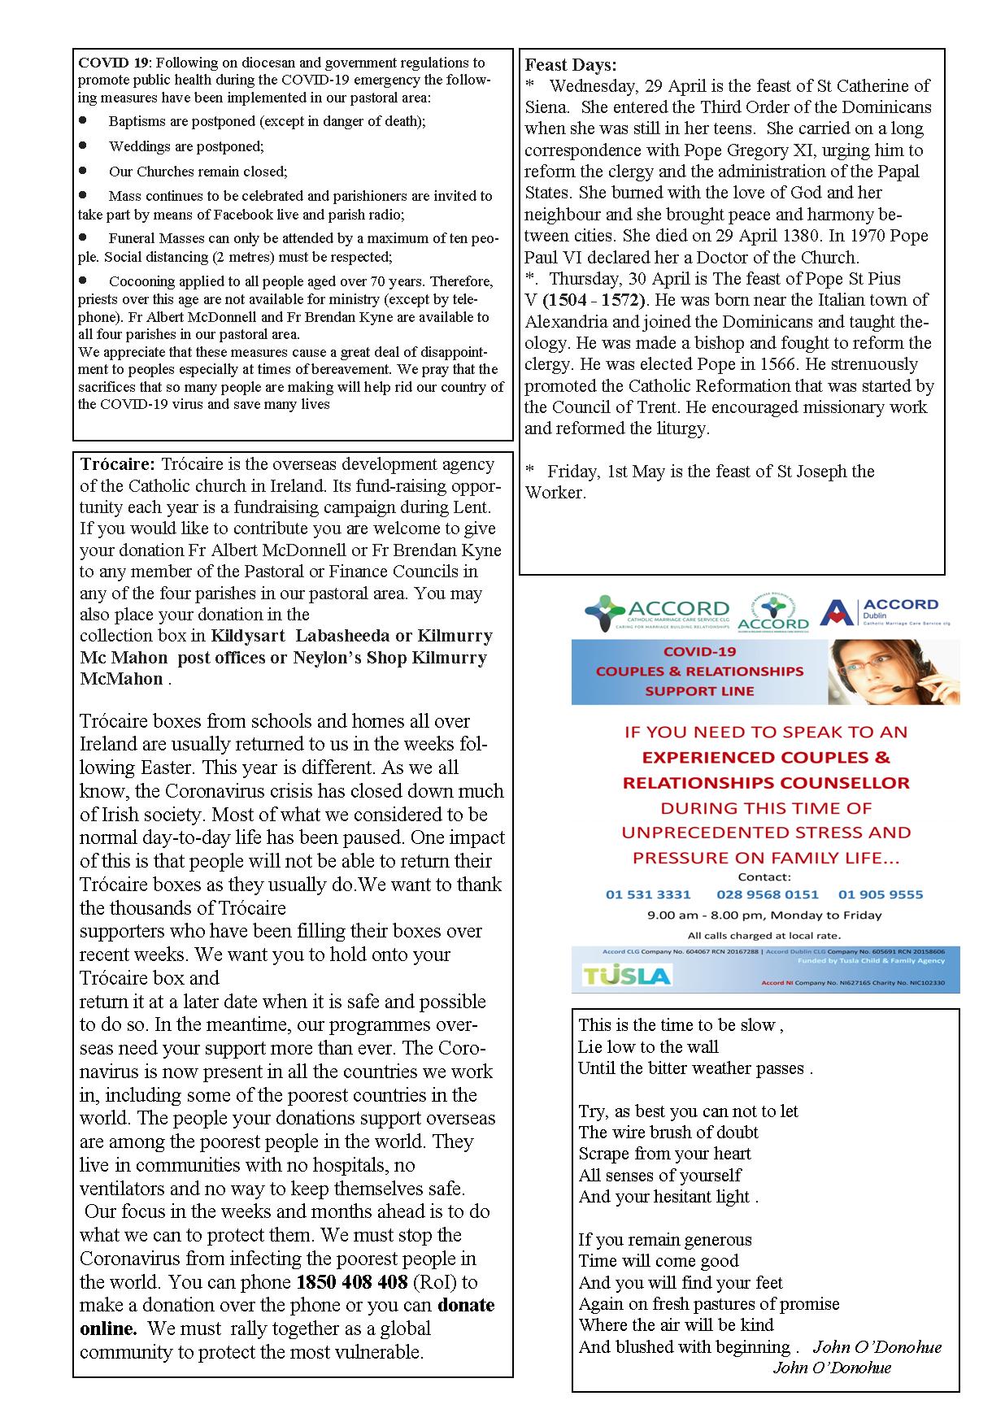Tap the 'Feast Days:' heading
pos(571,65)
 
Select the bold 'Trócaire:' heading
pos(117,464)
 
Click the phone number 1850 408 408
pos(352,1282)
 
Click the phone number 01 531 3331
pos(648,894)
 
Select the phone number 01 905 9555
pos(881,894)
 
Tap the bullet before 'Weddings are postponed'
pos(83,146)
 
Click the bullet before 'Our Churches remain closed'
pos(83,171)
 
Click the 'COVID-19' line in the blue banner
pos(699,652)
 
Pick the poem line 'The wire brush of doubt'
pos(668,1132)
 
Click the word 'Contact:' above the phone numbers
pos(764,877)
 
